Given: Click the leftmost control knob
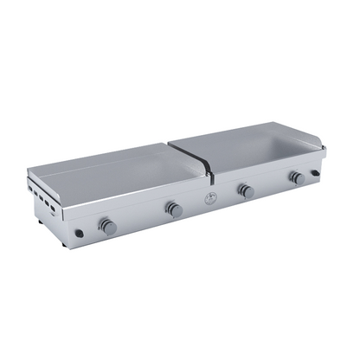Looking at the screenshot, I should (107, 226).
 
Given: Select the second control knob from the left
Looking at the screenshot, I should (173, 209).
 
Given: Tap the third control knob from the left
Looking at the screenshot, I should (246, 190).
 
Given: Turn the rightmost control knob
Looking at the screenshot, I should (297, 177).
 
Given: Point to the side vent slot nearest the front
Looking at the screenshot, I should (58, 211).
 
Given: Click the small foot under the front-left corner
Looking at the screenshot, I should (79, 235).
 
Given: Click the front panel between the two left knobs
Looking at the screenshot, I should (140, 217).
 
